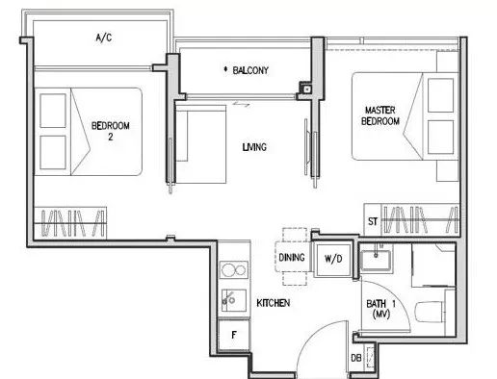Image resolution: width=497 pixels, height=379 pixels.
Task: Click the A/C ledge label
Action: (104, 38)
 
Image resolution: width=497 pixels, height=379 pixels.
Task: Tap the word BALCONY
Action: (250, 70)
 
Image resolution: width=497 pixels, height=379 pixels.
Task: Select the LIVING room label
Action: (254, 147)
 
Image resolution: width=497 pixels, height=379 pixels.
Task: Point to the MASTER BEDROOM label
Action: (380, 115)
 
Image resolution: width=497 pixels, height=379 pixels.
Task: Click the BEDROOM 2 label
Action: (111, 131)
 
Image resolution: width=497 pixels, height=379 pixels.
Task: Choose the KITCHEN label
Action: (274, 303)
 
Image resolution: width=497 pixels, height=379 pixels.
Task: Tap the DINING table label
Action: (292, 257)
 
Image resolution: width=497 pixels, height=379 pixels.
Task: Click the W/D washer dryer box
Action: (333, 259)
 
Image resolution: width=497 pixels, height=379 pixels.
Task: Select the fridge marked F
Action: (234, 335)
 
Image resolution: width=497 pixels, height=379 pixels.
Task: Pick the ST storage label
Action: (373, 221)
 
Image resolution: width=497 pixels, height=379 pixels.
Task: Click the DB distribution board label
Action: (356, 358)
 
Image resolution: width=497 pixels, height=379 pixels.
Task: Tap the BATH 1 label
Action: (381, 309)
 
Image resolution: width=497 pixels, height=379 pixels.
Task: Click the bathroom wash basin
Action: (376, 260)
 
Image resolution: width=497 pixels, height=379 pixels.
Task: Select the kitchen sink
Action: (234, 300)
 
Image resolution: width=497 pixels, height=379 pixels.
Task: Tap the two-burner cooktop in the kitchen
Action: (234, 269)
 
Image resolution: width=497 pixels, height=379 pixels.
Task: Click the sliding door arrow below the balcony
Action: (241, 104)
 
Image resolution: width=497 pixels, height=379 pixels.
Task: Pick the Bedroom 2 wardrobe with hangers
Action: (70, 222)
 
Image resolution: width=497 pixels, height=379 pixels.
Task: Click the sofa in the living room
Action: (201, 143)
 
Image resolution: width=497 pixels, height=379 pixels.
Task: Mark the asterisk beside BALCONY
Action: (225, 69)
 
